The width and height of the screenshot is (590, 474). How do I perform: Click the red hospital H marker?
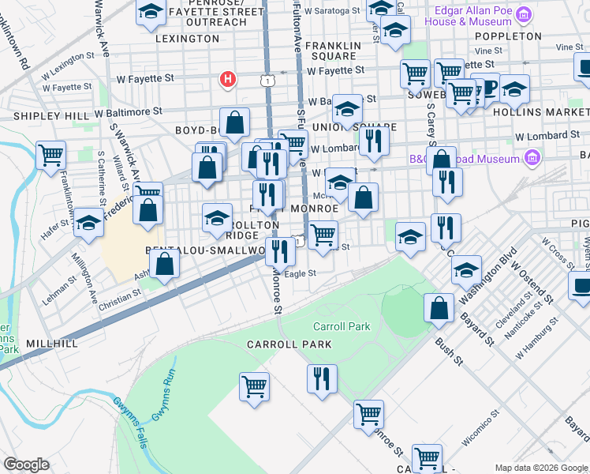[x=228, y=79]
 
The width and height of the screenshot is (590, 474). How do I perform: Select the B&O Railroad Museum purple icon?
[x=532, y=159]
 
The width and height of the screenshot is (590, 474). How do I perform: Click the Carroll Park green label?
[x=341, y=326]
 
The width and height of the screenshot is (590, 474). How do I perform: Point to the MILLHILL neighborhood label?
[x=52, y=344]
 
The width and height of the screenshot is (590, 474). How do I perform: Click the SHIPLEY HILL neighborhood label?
[x=51, y=116]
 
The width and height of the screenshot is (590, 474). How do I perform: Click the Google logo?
[x=26, y=465]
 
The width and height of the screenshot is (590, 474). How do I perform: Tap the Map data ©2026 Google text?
[x=540, y=468]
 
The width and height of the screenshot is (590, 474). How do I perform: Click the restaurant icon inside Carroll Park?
[x=323, y=379]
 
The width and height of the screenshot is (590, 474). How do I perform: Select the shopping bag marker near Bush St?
[x=439, y=309]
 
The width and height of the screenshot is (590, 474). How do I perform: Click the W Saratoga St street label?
[x=333, y=12]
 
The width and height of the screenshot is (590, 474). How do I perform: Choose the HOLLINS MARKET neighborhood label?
[x=551, y=113]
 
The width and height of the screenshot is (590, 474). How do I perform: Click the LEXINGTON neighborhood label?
[x=186, y=38]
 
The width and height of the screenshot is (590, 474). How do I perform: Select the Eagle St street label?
[x=300, y=273]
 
